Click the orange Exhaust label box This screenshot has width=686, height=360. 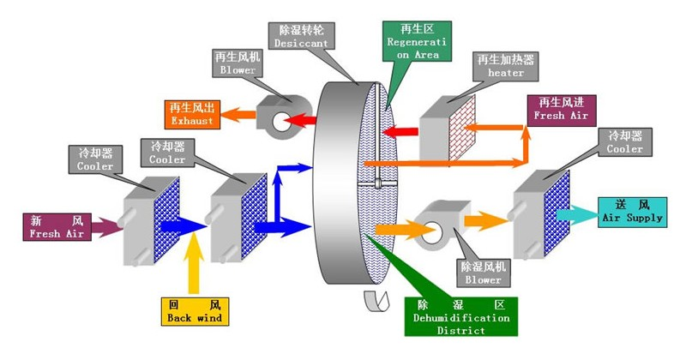[193, 114]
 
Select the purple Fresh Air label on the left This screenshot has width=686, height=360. [57, 226]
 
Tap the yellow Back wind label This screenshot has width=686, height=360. [196, 311]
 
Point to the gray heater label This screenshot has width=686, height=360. [505, 67]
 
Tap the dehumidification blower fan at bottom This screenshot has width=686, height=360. [436, 225]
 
